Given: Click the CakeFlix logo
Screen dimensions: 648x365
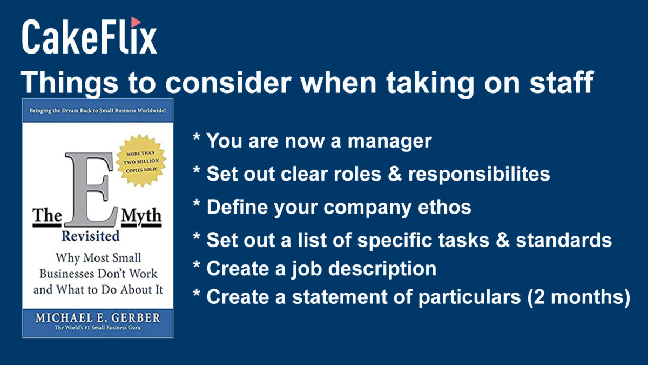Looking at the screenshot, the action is coord(90,36).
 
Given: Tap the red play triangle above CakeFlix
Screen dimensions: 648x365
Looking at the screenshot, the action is coord(136,22).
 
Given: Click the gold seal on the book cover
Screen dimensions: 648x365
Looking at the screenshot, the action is coord(141,161).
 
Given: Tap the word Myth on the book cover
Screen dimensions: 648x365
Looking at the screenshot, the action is coord(141,217).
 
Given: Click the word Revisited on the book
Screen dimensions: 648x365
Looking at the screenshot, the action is coord(91,236).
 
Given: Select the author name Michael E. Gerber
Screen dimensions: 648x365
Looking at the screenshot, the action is coord(98,318).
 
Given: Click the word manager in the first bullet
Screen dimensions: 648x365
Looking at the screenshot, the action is coord(389,142).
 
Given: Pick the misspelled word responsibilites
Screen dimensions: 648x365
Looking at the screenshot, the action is coord(479,174).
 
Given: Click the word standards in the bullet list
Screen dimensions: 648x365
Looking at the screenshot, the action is coord(564,240).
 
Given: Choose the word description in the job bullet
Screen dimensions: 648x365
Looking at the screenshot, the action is coord(382,269).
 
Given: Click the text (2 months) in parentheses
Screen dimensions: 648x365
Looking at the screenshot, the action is coord(578,297).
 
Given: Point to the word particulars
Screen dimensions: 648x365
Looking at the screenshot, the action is coord(469,297).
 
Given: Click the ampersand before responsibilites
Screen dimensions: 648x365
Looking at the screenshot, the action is coord(394,174).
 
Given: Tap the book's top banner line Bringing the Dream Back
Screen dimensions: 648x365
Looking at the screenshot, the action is coord(98,111).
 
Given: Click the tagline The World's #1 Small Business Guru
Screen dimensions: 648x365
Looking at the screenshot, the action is coord(98,328).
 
